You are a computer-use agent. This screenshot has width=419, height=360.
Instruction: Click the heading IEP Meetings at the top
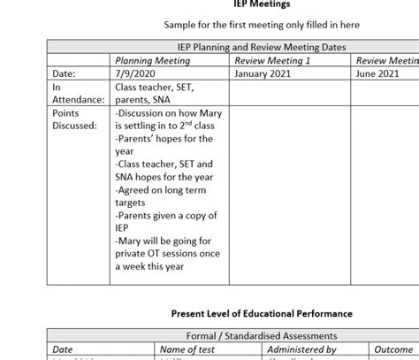click(x=255, y=4)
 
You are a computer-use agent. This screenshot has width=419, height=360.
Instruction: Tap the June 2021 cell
click(x=377, y=74)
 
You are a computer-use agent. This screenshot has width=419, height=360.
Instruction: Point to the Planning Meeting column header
click(x=153, y=61)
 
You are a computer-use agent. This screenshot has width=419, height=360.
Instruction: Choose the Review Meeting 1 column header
click(x=273, y=61)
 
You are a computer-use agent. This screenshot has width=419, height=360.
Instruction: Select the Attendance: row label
click(x=78, y=100)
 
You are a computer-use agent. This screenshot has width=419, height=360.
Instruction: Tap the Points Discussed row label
click(x=74, y=119)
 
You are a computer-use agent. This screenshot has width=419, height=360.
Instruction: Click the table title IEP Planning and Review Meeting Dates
click(x=255, y=48)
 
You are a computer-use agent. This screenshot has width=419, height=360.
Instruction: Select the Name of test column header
click(x=189, y=349)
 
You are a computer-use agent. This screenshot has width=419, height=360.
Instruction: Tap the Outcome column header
click(x=393, y=349)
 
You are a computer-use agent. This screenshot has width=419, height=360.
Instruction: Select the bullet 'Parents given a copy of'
click(x=164, y=215)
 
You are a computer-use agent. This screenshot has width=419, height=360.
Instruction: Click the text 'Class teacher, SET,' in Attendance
click(x=156, y=88)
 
